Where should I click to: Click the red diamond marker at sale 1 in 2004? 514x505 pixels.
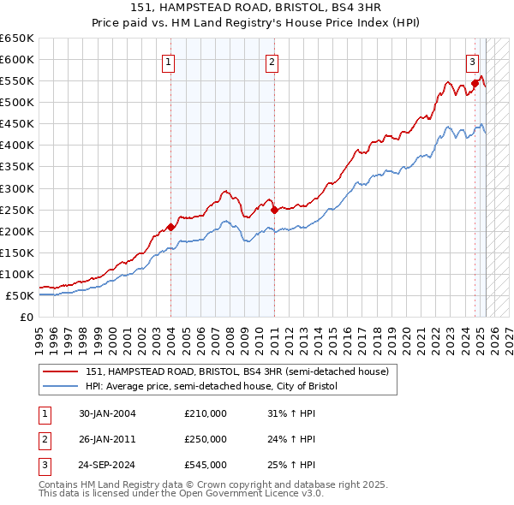click(170, 227)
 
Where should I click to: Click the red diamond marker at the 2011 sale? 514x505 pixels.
click(274, 209)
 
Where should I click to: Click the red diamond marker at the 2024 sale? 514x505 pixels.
click(475, 83)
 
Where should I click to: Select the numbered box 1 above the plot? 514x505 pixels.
click(168, 62)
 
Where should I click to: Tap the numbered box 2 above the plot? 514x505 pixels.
click(272, 62)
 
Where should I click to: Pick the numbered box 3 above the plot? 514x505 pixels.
click(472, 62)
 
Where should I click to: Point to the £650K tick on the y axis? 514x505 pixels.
click(17, 39)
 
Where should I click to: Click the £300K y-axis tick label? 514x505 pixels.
click(17, 188)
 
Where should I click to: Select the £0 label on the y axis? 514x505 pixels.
click(26, 317)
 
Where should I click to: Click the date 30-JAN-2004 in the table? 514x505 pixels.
click(107, 413)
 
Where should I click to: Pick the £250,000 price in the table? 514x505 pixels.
click(206, 439)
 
